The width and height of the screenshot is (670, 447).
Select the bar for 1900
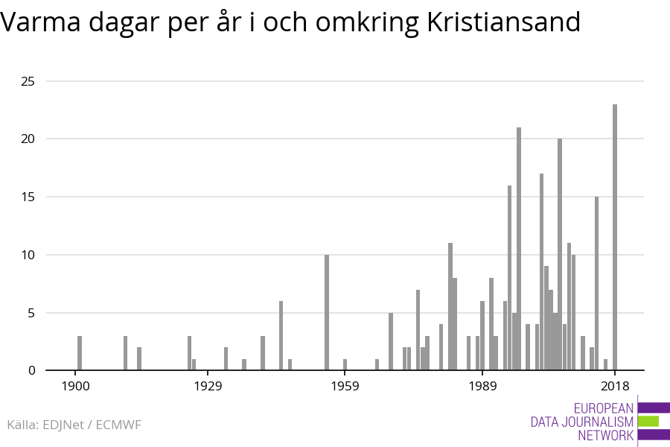[80, 353]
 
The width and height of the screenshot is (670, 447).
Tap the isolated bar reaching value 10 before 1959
[327, 312]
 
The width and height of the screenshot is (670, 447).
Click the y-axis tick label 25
[27, 81]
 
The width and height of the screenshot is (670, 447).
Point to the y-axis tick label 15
[27, 197]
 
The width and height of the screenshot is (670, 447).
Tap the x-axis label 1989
[482, 387]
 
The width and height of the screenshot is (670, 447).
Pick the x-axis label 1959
[345, 387]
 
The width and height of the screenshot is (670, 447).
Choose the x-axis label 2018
[615, 387]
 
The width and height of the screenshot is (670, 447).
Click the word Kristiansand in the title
[504, 23]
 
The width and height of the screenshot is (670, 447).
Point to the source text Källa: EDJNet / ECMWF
[74, 425]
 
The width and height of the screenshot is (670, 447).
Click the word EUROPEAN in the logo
[604, 408]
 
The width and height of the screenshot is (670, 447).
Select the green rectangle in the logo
[648, 422]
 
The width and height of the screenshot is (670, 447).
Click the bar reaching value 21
[519, 249]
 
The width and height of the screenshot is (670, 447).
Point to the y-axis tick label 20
[27, 139]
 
